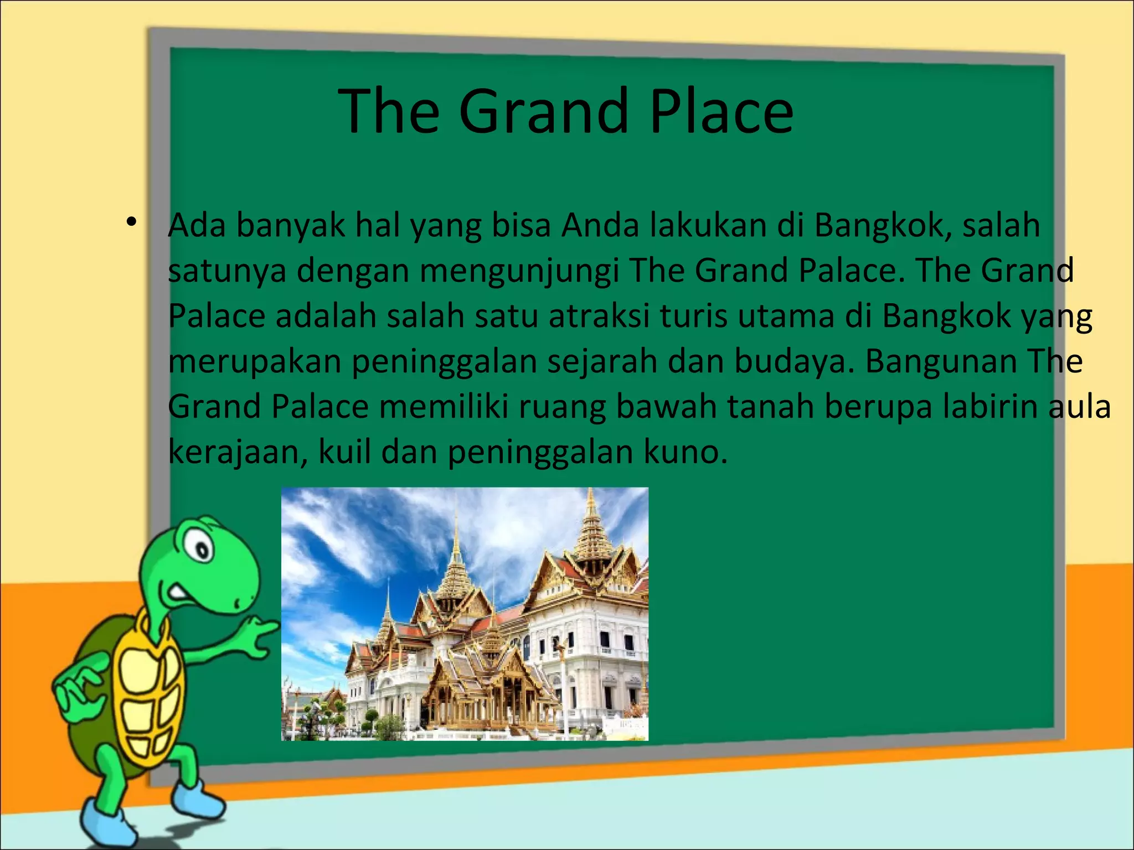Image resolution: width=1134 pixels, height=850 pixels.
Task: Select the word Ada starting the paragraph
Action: point(197,226)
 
